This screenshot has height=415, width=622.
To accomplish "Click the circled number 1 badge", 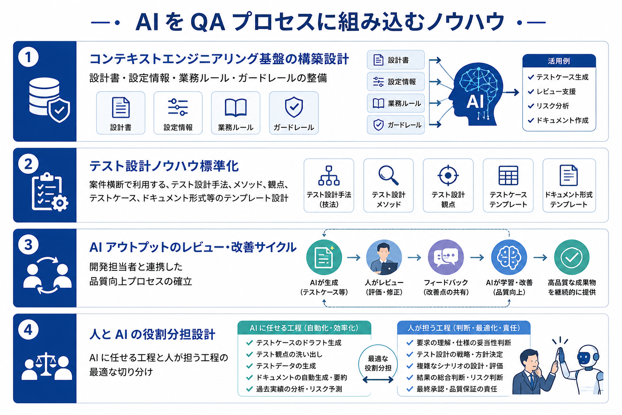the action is coord(28,57).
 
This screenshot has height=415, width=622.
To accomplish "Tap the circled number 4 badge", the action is coord(28,329).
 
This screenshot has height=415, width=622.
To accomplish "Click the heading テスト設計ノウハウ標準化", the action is coord(164,166).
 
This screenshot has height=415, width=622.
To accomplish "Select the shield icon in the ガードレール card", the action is coord(294,107).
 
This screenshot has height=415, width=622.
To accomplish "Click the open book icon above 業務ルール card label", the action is coord(235,107).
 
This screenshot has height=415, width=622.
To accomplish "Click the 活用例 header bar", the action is coord(559,61).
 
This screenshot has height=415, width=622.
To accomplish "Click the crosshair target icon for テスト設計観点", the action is coord(448,175).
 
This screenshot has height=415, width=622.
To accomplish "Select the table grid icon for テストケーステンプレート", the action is coord(508,175).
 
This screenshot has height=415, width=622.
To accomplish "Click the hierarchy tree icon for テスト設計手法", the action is coord(329,175).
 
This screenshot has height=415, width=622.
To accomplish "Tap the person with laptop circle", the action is coord(384,257).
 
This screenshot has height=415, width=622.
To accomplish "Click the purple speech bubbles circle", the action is coord(446,257).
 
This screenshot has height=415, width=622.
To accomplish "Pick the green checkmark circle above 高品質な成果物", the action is coord(572,257).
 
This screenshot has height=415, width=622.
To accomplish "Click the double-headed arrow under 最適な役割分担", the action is coord(378,380).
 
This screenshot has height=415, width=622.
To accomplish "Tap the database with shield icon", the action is coord(49,100).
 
